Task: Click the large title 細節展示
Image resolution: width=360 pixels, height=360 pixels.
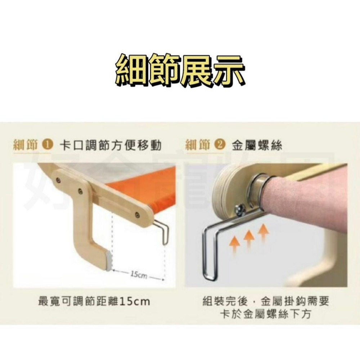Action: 180,70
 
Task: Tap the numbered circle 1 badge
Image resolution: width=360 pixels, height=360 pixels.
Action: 48,145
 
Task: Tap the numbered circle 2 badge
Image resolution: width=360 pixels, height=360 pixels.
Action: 220,145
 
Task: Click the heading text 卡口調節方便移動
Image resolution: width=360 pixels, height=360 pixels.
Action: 110,145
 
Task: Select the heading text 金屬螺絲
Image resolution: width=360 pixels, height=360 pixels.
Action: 257,145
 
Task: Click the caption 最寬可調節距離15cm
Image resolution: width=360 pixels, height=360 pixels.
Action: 94,301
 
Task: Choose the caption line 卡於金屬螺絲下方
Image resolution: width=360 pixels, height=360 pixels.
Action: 265,314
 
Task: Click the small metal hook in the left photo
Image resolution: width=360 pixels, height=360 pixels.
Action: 162,231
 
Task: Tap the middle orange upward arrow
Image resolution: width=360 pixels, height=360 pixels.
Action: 249,239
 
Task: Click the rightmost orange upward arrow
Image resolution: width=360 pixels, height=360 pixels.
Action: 263,232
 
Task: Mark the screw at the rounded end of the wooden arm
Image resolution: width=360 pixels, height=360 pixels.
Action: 137,215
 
